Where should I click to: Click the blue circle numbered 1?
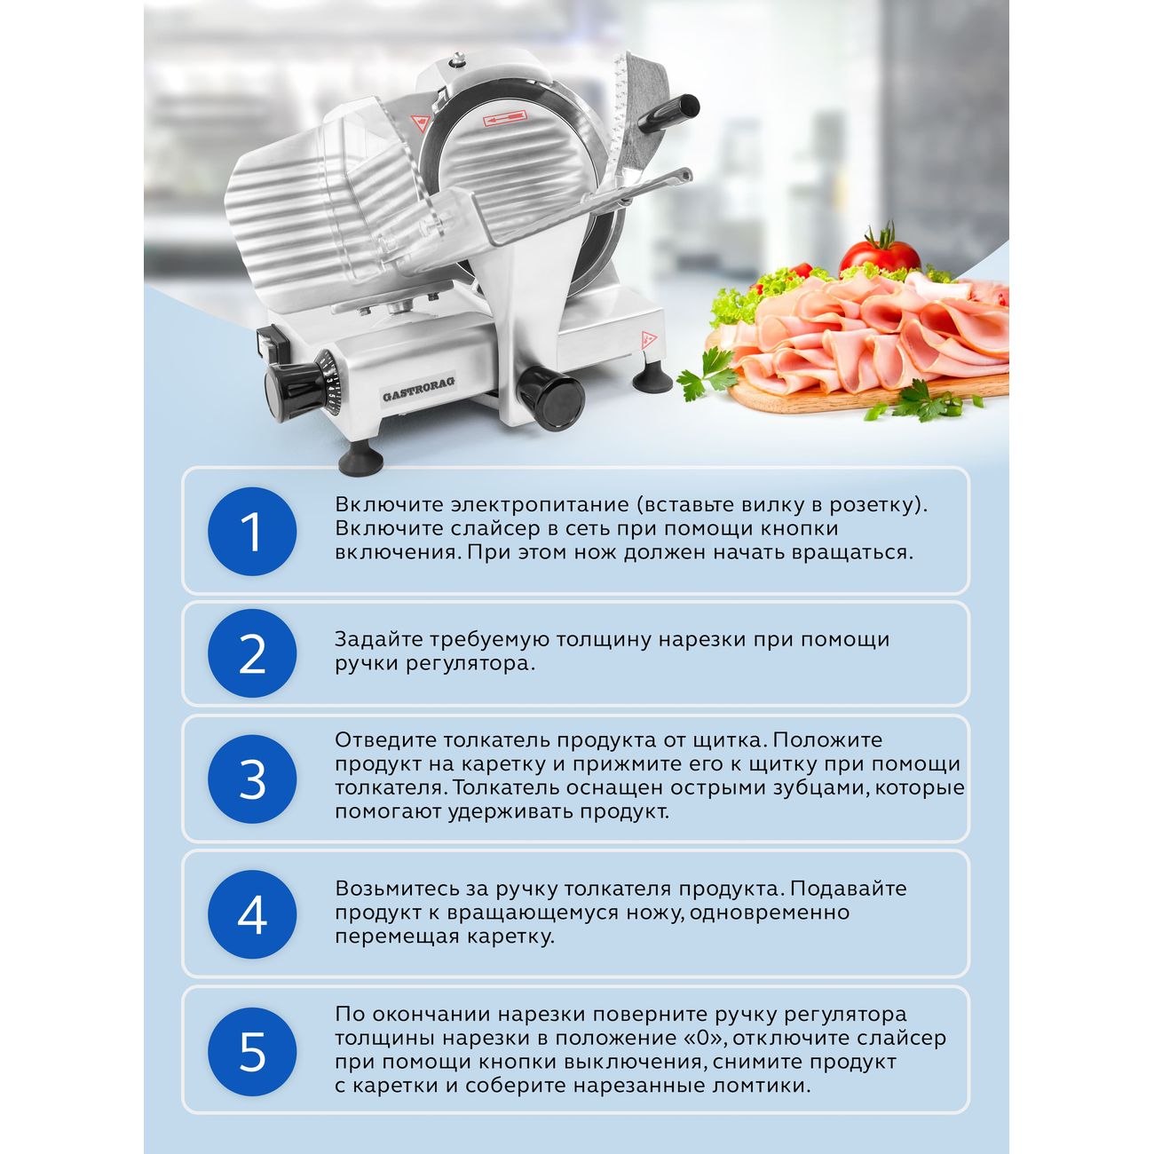(252, 531)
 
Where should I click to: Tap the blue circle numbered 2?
(252, 653)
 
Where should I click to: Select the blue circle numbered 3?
(252, 779)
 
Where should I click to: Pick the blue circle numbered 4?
(252, 914)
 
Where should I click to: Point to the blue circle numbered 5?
(252, 1052)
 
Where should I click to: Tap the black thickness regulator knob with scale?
(303, 387)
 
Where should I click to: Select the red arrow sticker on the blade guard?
(505, 119)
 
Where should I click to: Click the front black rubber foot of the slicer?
(360, 458)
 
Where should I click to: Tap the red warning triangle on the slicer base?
(648, 341)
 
